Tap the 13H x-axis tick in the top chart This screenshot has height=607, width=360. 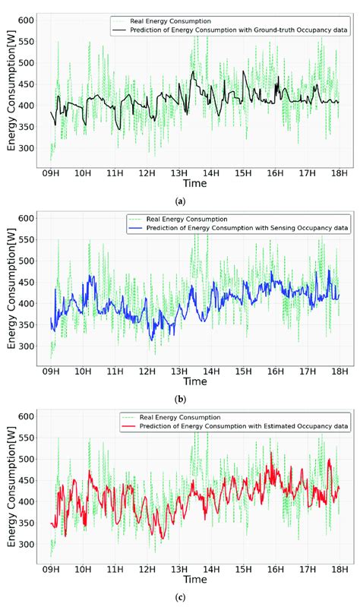pyautogui.click(x=179, y=173)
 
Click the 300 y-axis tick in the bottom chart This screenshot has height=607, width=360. pyautogui.click(x=27, y=545)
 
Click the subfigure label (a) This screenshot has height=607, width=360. pyautogui.click(x=180, y=201)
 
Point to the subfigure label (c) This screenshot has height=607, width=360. pyautogui.click(x=180, y=598)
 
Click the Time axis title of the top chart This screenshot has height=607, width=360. pyautogui.click(x=194, y=184)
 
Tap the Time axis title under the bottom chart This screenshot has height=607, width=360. pyautogui.click(x=194, y=580)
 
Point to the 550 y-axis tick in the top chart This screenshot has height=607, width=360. pyautogui.click(x=27, y=41)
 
